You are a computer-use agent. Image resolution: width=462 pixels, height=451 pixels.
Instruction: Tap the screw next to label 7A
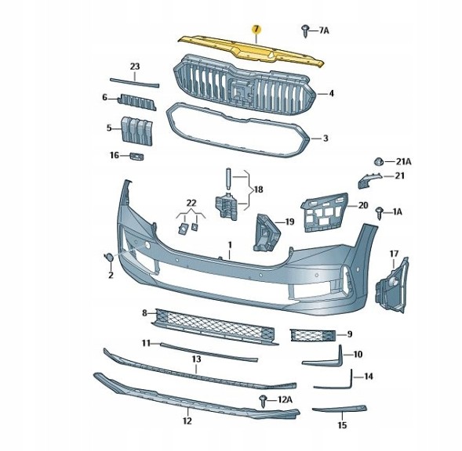click(306, 31)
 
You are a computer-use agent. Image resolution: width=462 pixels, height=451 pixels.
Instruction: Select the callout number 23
click(135, 67)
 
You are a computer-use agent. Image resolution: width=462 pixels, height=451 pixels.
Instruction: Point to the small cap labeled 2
click(109, 258)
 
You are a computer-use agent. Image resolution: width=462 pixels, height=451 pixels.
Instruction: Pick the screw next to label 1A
click(380, 213)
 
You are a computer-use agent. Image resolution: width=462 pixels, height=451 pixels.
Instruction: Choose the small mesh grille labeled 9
click(313, 335)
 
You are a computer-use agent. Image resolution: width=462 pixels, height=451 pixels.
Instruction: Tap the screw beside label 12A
click(263, 402)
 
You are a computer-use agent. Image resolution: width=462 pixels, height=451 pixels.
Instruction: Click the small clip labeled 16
click(136, 157)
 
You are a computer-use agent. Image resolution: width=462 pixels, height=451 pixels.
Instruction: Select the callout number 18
click(258, 189)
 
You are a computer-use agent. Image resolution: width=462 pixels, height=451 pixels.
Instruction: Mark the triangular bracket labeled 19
click(266, 233)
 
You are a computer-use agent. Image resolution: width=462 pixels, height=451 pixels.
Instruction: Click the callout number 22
click(191, 203)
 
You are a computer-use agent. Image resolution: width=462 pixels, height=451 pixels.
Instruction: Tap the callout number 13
click(197, 359)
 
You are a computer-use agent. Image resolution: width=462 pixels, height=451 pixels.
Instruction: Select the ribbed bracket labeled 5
click(136, 132)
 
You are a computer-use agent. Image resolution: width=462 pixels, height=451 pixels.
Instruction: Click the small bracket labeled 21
click(369, 180)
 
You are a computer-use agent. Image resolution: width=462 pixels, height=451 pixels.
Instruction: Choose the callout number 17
click(394, 254)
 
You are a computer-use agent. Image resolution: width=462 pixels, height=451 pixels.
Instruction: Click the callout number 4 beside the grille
click(332, 93)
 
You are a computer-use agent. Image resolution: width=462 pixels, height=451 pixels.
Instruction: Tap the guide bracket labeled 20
click(324, 212)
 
